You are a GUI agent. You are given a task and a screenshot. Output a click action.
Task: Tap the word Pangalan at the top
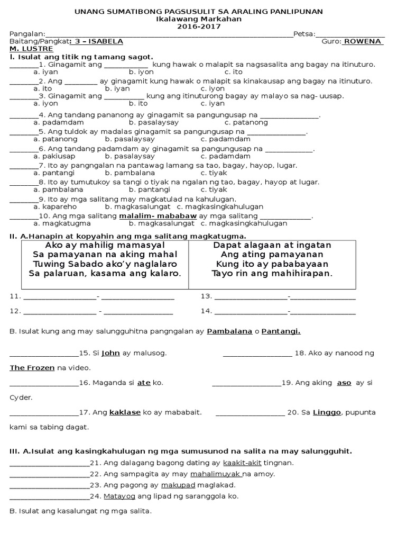click(26, 34)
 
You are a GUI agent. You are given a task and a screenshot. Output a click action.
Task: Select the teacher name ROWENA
click(363, 41)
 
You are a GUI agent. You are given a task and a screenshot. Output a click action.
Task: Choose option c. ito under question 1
click(233, 71)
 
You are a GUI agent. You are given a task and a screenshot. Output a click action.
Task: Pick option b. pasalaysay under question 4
click(130, 122)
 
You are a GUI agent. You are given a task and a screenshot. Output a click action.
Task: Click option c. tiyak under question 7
click(214, 173)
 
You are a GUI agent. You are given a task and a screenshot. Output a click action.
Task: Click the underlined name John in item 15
click(110, 353)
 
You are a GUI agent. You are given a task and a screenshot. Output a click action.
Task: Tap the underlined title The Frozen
click(32, 367)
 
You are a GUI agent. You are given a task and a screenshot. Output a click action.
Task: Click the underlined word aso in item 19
click(344, 383)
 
